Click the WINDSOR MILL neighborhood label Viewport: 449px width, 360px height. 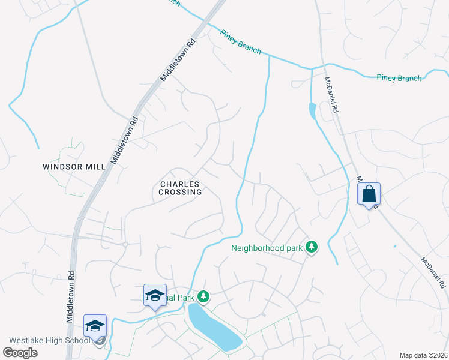click(x=74, y=166)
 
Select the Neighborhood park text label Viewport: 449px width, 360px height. click(x=267, y=247)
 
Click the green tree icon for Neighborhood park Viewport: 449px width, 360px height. click(x=311, y=247)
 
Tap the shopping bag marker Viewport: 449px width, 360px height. click(x=369, y=194)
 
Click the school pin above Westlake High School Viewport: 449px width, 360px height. click(x=95, y=325)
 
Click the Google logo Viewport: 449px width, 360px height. click(x=20, y=353)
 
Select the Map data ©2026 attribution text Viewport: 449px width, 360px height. click(x=423, y=355)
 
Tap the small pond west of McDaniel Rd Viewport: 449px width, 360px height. click(x=311, y=111)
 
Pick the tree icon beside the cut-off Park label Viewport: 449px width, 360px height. click(x=204, y=296)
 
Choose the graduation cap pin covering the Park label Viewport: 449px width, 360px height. click(x=155, y=295)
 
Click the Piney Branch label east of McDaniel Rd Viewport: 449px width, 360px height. click(x=399, y=77)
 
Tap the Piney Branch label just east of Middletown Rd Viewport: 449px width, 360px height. click(x=241, y=42)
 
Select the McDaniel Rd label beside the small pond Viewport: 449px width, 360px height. click(x=332, y=96)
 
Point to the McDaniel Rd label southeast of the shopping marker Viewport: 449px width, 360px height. click(x=432, y=271)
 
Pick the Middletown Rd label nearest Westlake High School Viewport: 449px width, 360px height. click(x=70, y=296)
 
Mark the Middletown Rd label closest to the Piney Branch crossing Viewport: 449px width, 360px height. click(x=179, y=60)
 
